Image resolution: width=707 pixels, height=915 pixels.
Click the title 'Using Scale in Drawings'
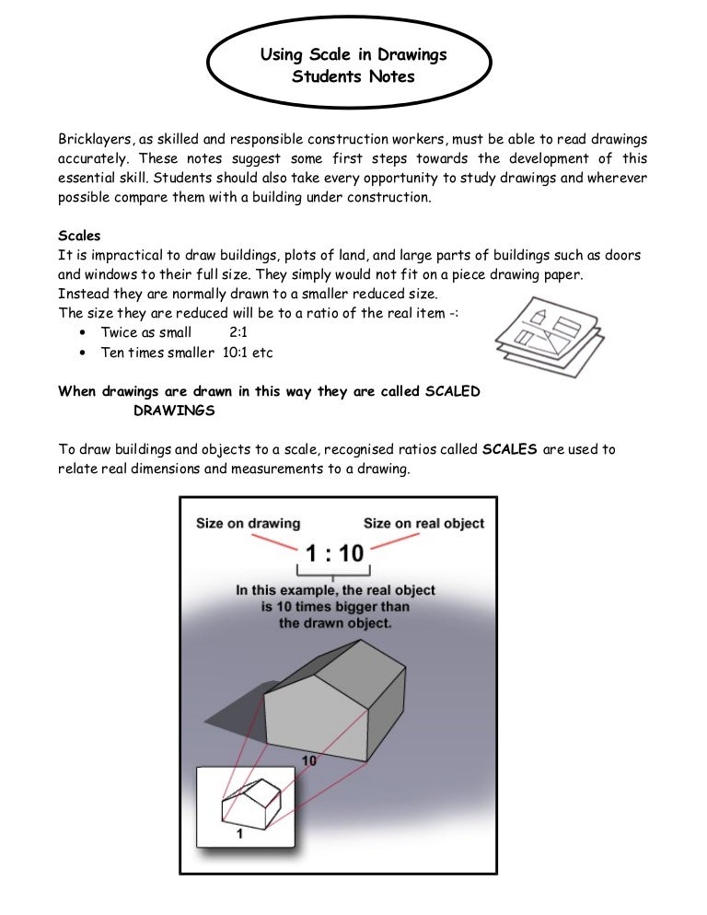[353, 54]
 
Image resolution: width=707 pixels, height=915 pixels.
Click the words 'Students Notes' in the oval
[353, 76]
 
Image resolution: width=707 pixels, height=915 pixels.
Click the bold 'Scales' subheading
[79, 236]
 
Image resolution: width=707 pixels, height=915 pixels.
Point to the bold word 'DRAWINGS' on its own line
[174, 410]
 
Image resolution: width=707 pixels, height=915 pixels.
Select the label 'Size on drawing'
[249, 524]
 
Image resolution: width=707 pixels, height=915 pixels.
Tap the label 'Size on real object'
[423, 524]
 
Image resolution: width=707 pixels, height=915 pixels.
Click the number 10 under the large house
[310, 761]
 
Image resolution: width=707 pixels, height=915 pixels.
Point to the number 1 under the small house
[239, 834]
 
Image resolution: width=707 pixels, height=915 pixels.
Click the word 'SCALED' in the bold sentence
[452, 391]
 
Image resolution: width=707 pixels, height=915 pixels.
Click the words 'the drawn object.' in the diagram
[335, 623]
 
